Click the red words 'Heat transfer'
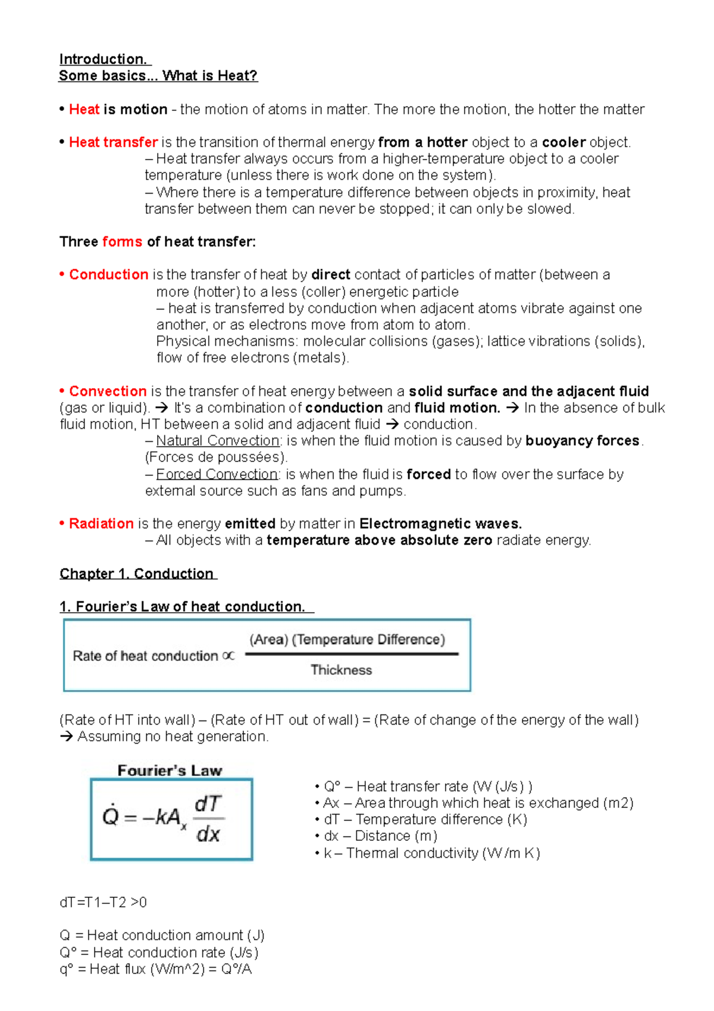coord(113,142)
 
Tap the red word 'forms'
coord(122,242)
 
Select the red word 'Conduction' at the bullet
coord(108,274)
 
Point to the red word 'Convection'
coord(108,391)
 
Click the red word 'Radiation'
coord(101,523)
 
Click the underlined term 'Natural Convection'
coord(217,441)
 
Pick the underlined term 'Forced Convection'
coord(217,474)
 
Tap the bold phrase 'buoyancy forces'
coord(582,441)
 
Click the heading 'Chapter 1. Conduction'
coord(137,573)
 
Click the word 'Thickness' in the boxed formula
coord(341,670)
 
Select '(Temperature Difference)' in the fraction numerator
coord(369,639)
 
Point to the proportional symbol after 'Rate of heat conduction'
coord(228,656)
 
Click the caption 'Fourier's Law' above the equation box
coord(170,770)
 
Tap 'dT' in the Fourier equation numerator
coord(208,804)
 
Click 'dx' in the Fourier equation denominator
coord(208,834)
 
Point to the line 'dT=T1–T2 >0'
coord(103,902)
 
